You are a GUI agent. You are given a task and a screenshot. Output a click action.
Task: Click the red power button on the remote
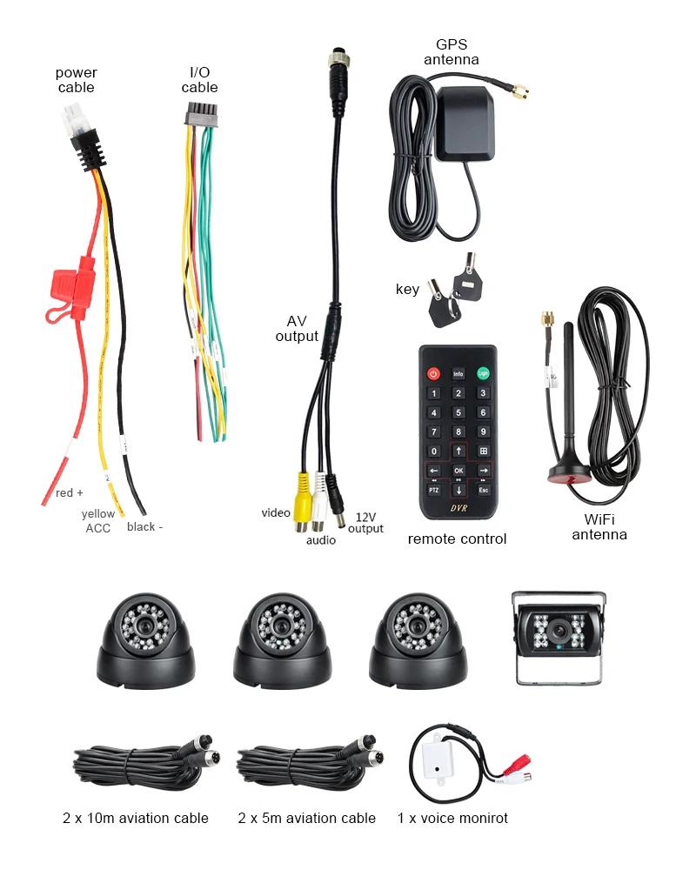433,374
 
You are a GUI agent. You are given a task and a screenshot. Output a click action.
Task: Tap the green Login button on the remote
483,374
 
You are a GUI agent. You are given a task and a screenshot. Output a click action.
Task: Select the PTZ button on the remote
433,490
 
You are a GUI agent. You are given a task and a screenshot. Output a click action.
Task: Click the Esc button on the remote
484,490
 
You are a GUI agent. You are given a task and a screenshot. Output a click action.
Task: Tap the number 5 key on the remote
458,412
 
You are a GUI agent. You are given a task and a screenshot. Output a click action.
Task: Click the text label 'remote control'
457,539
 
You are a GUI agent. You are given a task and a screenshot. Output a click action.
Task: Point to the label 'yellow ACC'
97,521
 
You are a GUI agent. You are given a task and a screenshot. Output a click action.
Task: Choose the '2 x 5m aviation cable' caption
306,818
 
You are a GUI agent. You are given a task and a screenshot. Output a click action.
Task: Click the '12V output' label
365,523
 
